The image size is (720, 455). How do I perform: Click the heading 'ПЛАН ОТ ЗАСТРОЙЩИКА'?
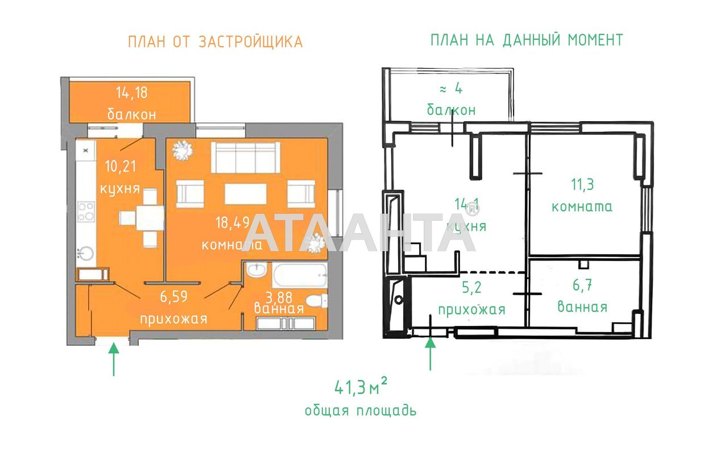[215, 42]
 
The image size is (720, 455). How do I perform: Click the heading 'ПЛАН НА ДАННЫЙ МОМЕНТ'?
[526, 40]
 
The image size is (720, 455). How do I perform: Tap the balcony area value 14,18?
[131, 92]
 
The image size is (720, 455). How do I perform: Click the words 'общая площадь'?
[360, 411]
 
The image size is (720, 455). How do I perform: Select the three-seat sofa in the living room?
[245, 157]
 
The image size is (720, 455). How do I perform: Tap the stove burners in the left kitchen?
[86, 212]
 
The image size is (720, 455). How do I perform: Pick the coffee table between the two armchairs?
[245, 193]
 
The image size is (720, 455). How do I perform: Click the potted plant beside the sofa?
[183, 151]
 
